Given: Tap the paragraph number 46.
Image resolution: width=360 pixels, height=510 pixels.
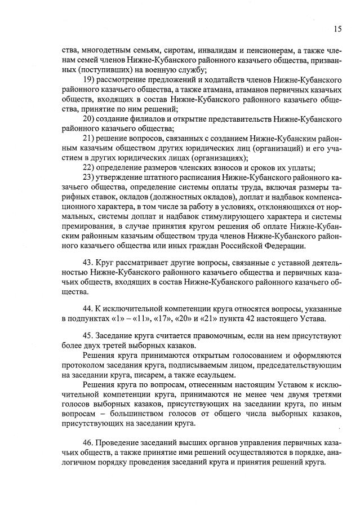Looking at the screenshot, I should tap(88, 442).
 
